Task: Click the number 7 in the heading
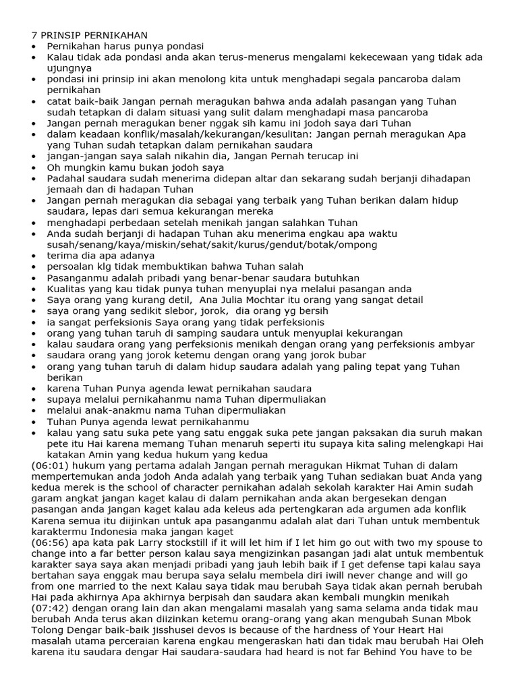[x=35, y=35]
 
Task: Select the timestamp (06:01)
[x=49, y=466]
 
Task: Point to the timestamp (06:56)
[x=49, y=543]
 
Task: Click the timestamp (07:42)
[x=49, y=619]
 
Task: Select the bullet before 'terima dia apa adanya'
[x=35, y=256]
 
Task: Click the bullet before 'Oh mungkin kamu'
[x=35, y=168]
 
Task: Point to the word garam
[x=47, y=499]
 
